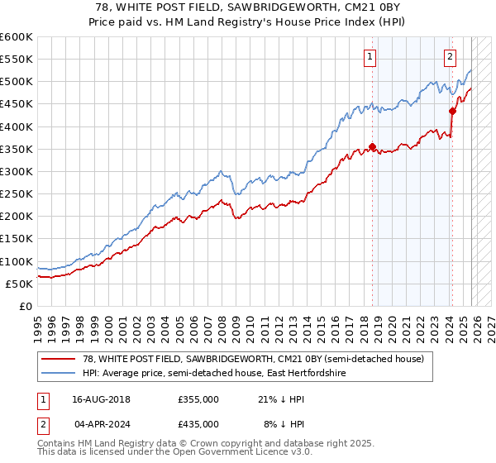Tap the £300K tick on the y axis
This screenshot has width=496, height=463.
[17, 171]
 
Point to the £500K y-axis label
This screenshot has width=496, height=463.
[17, 82]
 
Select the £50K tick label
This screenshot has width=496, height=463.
[20, 284]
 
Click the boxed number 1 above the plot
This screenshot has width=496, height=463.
[369, 57]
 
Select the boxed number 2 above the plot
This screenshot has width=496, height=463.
[450, 57]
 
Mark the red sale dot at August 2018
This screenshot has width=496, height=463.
[372, 147]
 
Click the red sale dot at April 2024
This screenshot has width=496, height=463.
[452, 111]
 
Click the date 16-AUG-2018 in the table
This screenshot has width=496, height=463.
[102, 399]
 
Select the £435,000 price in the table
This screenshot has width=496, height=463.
[198, 423]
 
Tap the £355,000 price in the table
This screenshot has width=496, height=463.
[198, 399]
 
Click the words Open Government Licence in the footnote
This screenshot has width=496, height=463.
[229, 454]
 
